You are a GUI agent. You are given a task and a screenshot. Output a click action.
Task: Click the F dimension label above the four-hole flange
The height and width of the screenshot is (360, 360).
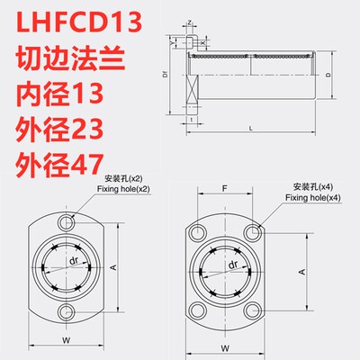pyautogui.click(x=223, y=190)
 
